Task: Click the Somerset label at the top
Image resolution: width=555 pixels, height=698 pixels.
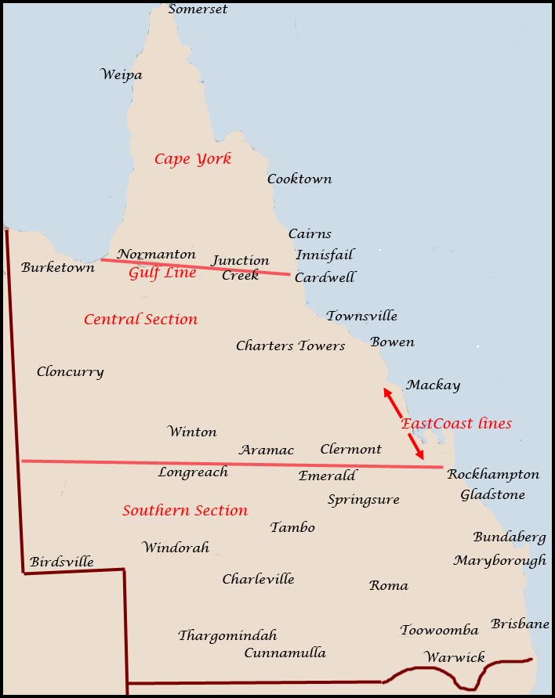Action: (x=198, y=9)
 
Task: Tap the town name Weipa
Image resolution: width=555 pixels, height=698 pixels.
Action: (x=122, y=75)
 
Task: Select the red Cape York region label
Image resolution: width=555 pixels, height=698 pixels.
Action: (x=193, y=159)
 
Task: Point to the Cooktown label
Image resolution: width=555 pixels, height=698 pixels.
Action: (x=299, y=179)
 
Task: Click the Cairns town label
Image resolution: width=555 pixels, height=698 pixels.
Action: (x=310, y=234)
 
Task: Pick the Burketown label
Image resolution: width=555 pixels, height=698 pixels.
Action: (x=58, y=268)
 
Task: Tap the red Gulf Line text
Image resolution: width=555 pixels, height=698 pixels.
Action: (x=162, y=273)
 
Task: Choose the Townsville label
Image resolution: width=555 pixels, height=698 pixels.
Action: (x=361, y=316)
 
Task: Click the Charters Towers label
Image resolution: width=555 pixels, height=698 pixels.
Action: (x=290, y=346)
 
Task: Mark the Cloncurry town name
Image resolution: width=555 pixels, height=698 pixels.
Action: (x=70, y=372)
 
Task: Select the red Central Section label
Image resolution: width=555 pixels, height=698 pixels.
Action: (x=140, y=320)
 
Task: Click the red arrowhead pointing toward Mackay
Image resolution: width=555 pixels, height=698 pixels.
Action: (x=386, y=392)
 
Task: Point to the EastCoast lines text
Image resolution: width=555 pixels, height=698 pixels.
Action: (x=456, y=424)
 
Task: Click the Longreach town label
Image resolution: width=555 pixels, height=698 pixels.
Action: (x=193, y=472)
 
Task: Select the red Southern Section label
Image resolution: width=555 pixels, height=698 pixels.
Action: (x=185, y=511)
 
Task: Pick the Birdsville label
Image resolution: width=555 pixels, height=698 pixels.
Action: (x=62, y=562)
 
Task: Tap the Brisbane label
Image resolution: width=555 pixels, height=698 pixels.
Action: (x=520, y=624)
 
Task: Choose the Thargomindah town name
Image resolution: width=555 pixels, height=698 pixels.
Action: (x=227, y=635)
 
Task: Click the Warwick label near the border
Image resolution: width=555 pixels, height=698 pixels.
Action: (x=455, y=657)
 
